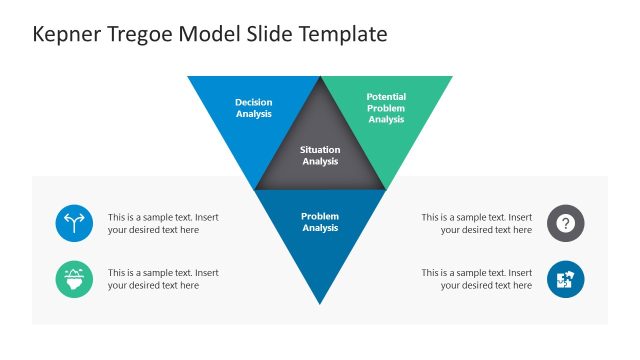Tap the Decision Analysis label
(x=253, y=108)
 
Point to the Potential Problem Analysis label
(x=386, y=108)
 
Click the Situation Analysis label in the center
(x=320, y=156)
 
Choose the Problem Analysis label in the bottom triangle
(x=320, y=222)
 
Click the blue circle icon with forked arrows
(x=74, y=223)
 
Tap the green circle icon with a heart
(x=74, y=279)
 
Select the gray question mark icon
(x=566, y=223)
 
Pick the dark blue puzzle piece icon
(x=566, y=279)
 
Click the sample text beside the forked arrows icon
(x=163, y=223)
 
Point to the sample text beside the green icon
(x=163, y=279)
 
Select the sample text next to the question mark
(x=476, y=223)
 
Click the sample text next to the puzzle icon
(x=476, y=279)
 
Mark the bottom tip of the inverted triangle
(x=320, y=303)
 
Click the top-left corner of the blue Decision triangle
(x=190, y=78)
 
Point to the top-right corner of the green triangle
(x=450, y=78)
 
